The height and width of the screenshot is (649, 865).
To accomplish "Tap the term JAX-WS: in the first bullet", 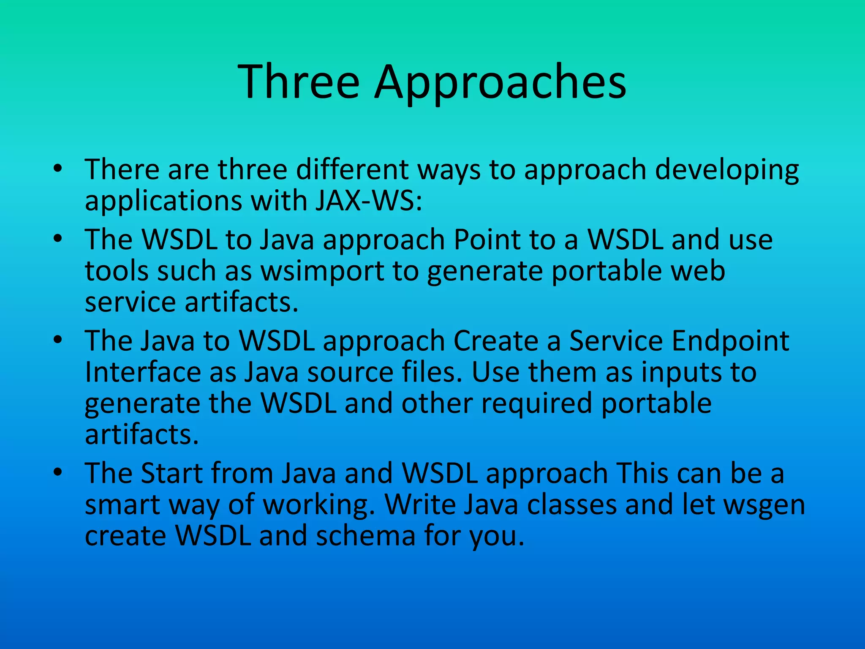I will pyautogui.click(x=368, y=200).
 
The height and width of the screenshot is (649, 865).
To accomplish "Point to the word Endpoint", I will pyautogui.click(x=730, y=341).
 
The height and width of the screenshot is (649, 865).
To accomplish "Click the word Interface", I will pyautogui.click(x=143, y=372).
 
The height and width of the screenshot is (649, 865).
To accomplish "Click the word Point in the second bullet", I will pyautogui.click(x=487, y=240).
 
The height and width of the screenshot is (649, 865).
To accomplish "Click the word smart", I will pyautogui.click(x=122, y=504).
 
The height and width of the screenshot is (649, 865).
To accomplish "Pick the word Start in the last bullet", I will pyautogui.click(x=171, y=473).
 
